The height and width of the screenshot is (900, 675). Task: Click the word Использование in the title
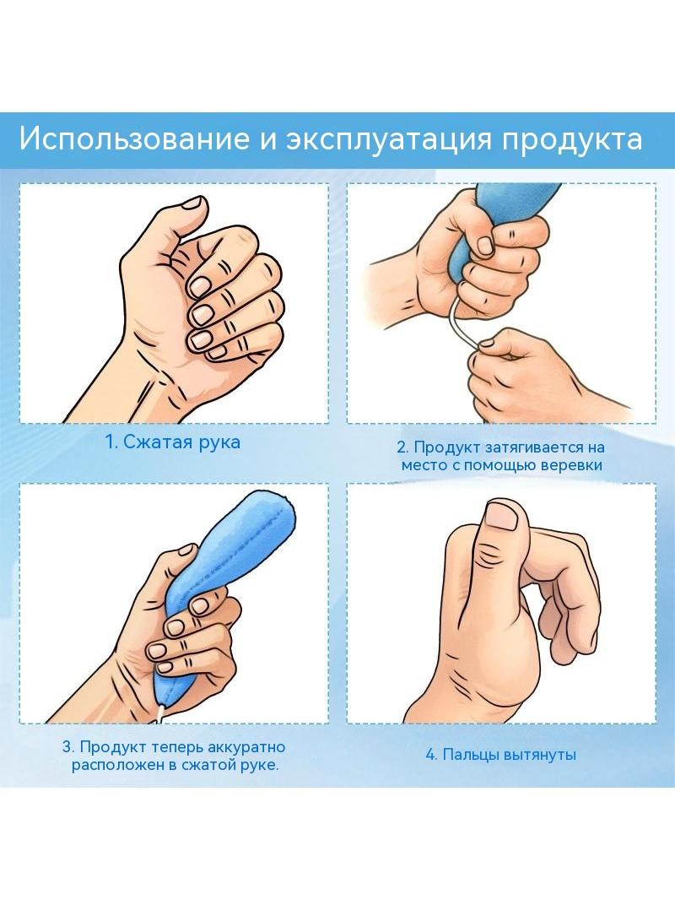134,140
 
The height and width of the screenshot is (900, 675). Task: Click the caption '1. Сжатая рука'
173,442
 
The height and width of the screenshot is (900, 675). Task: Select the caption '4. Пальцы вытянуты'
500,754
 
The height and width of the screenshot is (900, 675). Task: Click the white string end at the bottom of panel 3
160,715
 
